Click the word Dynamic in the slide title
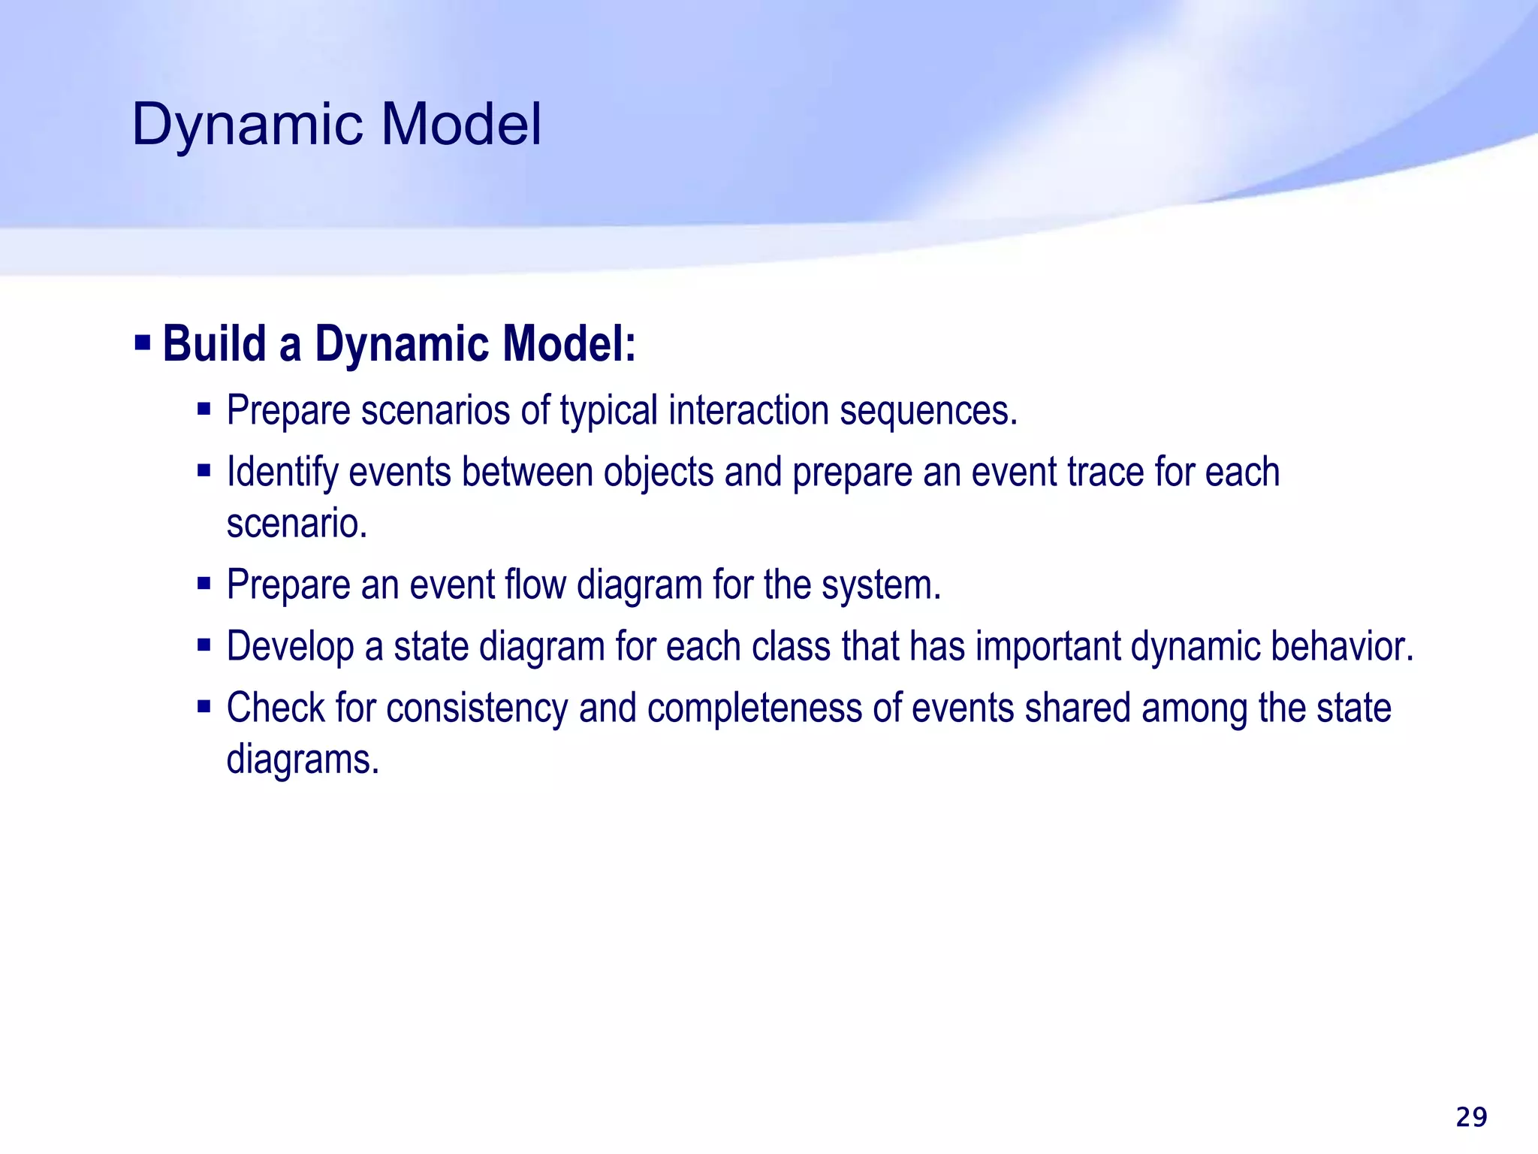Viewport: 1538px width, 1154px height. point(251,125)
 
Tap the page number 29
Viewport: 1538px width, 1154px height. point(1471,1118)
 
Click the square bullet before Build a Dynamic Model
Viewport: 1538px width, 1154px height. point(143,343)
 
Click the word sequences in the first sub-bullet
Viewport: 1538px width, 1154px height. point(928,411)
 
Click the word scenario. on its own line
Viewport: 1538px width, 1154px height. point(297,524)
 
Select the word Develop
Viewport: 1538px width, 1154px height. point(290,647)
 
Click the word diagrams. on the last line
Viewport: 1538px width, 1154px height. point(303,760)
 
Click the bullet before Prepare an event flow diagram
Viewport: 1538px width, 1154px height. point(204,583)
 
